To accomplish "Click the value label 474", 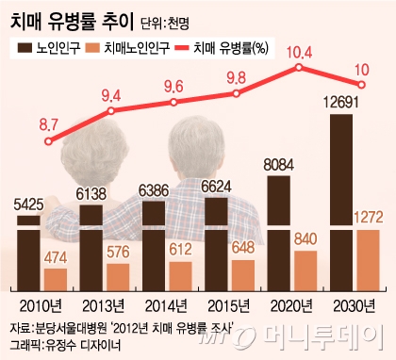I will (x=56, y=255).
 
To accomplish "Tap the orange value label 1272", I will (x=368, y=219).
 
